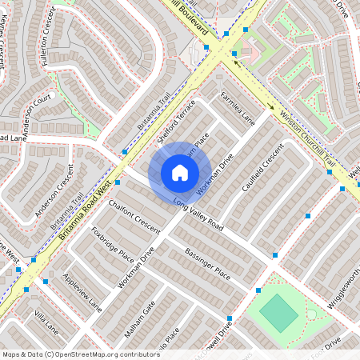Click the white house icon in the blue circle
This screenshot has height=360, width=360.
[x=180, y=172]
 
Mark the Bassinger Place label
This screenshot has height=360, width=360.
[x=207, y=263]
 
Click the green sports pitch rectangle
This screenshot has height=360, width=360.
[x=278, y=313]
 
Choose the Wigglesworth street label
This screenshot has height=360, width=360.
[x=345, y=287]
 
